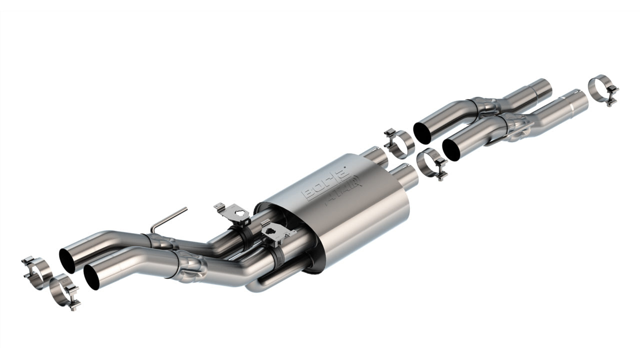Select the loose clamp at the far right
603,89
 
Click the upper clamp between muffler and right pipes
398,142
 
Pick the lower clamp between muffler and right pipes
431,164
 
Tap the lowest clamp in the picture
64,291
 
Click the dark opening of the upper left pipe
67,259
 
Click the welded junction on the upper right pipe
485,106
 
